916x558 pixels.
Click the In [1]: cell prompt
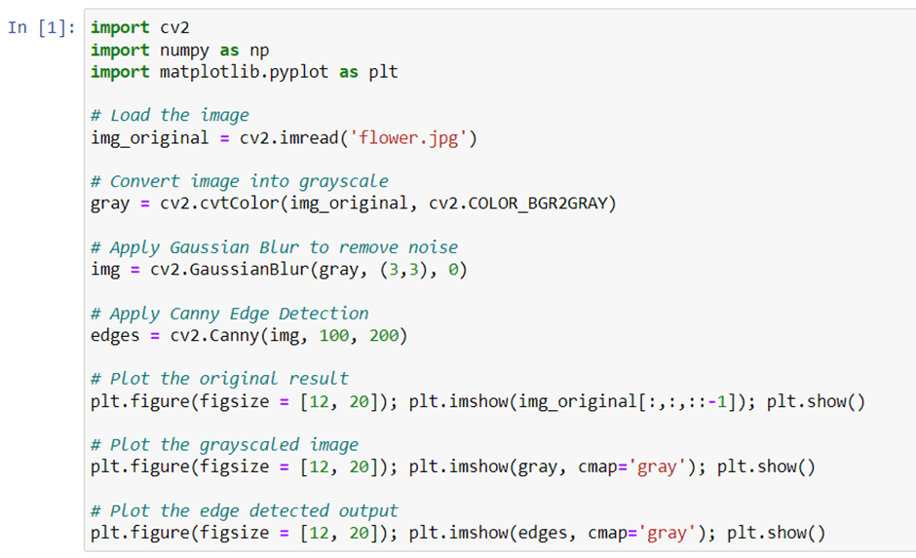44,27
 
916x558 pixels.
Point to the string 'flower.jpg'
414,137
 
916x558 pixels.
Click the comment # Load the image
170,115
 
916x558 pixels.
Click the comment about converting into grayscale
239,181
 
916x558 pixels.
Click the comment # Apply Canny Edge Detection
229,314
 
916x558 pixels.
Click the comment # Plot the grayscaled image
224,445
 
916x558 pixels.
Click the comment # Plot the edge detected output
244,511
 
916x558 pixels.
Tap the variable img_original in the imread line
149,137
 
